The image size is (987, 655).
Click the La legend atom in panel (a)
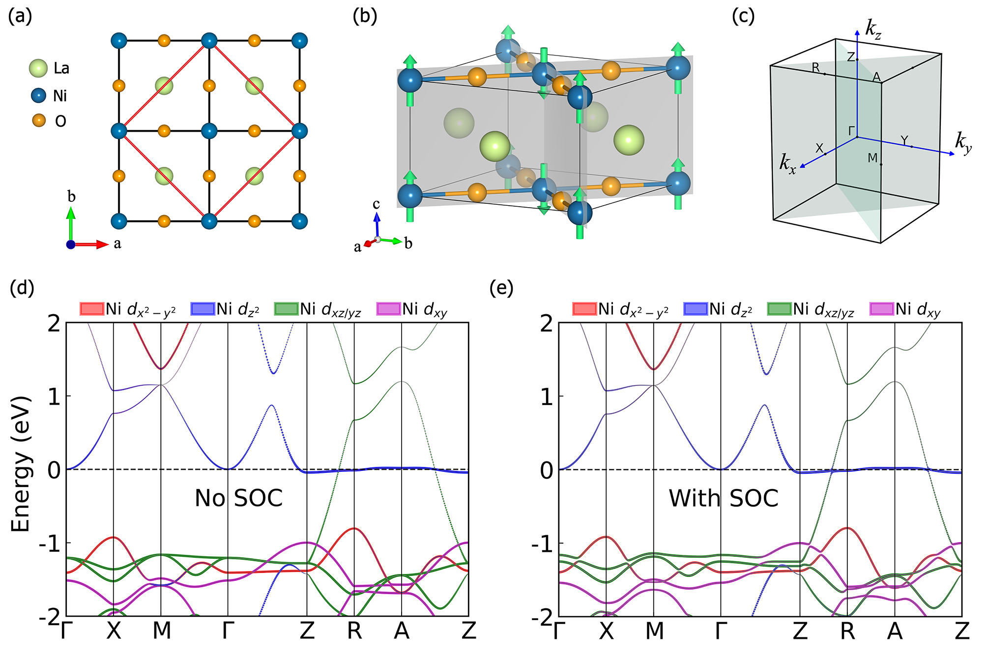(x=38, y=69)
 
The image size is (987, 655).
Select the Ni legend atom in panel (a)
(x=38, y=95)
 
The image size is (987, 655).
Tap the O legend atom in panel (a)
(x=38, y=120)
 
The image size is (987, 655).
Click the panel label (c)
(x=743, y=16)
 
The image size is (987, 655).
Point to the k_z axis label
(x=873, y=29)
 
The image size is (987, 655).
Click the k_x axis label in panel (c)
(x=787, y=164)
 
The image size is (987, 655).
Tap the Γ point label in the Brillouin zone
(x=852, y=131)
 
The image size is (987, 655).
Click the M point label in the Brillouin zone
(x=872, y=158)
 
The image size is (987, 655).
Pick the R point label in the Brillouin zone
(x=816, y=68)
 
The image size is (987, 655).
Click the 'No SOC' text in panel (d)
(x=238, y=498)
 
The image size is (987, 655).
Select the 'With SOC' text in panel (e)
(x=724, y=498)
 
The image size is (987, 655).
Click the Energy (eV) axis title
(x=21, y=464)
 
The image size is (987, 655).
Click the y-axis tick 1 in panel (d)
(x=54, y=397)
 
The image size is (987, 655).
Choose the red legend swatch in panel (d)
(x=91, y=309)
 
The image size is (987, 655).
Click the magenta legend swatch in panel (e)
(x=881, y=309)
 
